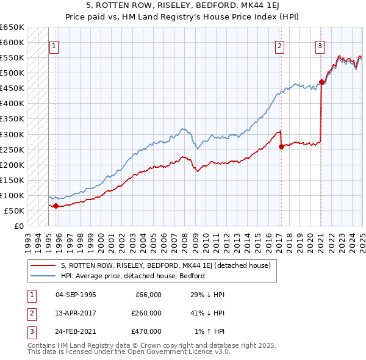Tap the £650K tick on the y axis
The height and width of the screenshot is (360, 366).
click(x=12, y=27)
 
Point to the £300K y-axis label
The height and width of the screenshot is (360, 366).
click(x=12, y=134)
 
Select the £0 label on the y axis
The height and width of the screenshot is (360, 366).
click(x=19, y=226)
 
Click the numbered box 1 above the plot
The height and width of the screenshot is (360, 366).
click(x=54, y=46)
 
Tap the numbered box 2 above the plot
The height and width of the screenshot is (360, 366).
click(x=279, y=46)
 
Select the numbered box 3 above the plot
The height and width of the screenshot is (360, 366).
click(x=320, y=46)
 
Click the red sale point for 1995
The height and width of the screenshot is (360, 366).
click(x=56, y=206)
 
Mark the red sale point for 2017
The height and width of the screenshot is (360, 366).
click(x=281, y=146)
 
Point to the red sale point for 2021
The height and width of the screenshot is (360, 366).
click(x=321, y=82)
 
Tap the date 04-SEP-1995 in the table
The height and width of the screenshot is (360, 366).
click(x=76, y=295)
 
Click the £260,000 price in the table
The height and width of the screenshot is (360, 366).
click(x=146, y=313)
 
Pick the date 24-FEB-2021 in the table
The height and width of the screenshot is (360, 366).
click(x=76, y=331)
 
